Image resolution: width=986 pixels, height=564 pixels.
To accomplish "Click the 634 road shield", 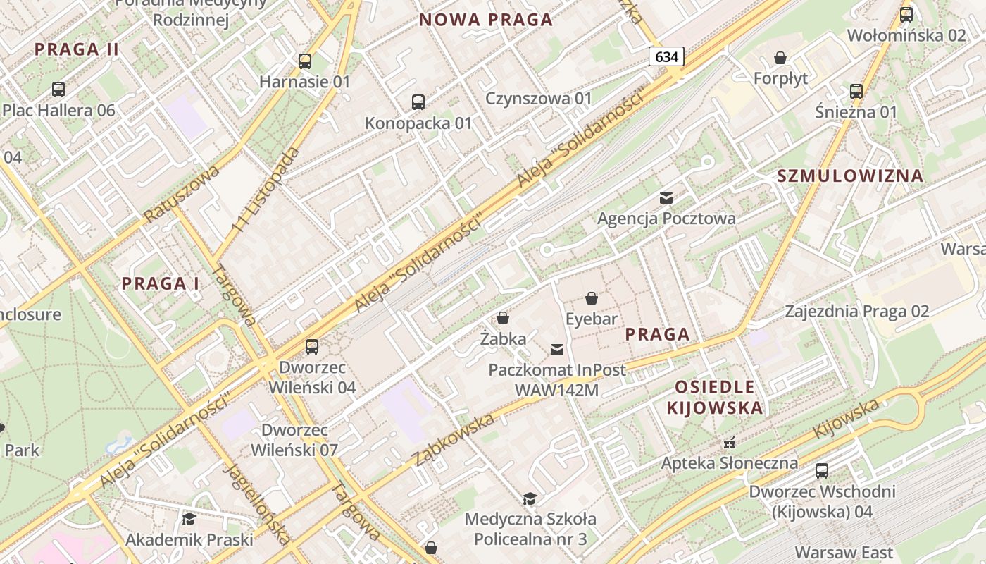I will (x=666, y=56).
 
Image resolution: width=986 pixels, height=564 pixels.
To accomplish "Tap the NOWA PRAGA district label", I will (x=486, y=20).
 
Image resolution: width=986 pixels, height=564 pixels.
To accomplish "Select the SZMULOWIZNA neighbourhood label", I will (x=850, y=176).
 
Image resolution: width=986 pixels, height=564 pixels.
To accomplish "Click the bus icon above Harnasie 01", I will (x=305, y=61).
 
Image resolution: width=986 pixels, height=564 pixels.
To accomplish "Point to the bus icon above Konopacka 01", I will (x=418, y=102).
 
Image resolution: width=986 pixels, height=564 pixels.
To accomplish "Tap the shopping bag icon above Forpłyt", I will (x=780, y=58).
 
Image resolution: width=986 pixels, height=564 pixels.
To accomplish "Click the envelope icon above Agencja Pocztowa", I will (x=666, y=198).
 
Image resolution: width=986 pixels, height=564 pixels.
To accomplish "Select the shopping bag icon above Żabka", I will (x=503, y=319).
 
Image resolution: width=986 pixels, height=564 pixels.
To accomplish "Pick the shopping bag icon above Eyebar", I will (x=592, y=298).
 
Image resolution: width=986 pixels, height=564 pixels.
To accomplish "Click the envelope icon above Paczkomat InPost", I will (x=557, y=349).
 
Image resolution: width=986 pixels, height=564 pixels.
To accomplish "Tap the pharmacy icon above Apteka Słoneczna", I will (x=730, y=443).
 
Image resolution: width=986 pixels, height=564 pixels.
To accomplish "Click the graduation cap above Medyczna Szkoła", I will (x=530, y=499).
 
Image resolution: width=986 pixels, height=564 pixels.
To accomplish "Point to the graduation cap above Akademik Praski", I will (x=189, y=520).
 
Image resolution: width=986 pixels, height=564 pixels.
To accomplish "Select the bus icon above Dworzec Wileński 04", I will (x=312, y=347).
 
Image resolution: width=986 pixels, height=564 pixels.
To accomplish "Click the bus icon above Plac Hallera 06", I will (x=58, y=90).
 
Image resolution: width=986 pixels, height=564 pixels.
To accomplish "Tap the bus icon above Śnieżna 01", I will (x=856, y=92).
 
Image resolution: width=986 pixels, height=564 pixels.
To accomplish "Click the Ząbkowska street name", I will (x=454, y=441).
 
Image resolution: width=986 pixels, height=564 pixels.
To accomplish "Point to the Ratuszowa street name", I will (x=181, y=194).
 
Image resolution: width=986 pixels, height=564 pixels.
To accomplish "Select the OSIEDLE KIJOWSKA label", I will (x=714, y=397).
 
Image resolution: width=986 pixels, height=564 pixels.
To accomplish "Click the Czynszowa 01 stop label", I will (x=539, y=98).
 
